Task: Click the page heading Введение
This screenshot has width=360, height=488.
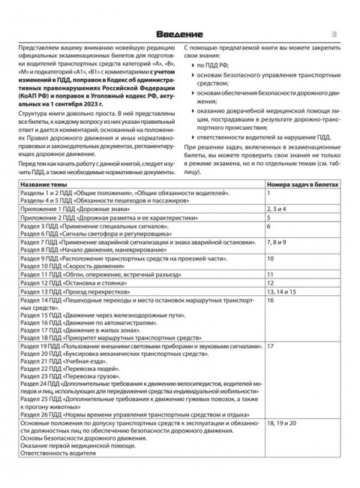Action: (180, 35)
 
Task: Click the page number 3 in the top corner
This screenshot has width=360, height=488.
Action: (337, 35)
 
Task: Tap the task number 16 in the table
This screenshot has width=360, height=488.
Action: (271, 321)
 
